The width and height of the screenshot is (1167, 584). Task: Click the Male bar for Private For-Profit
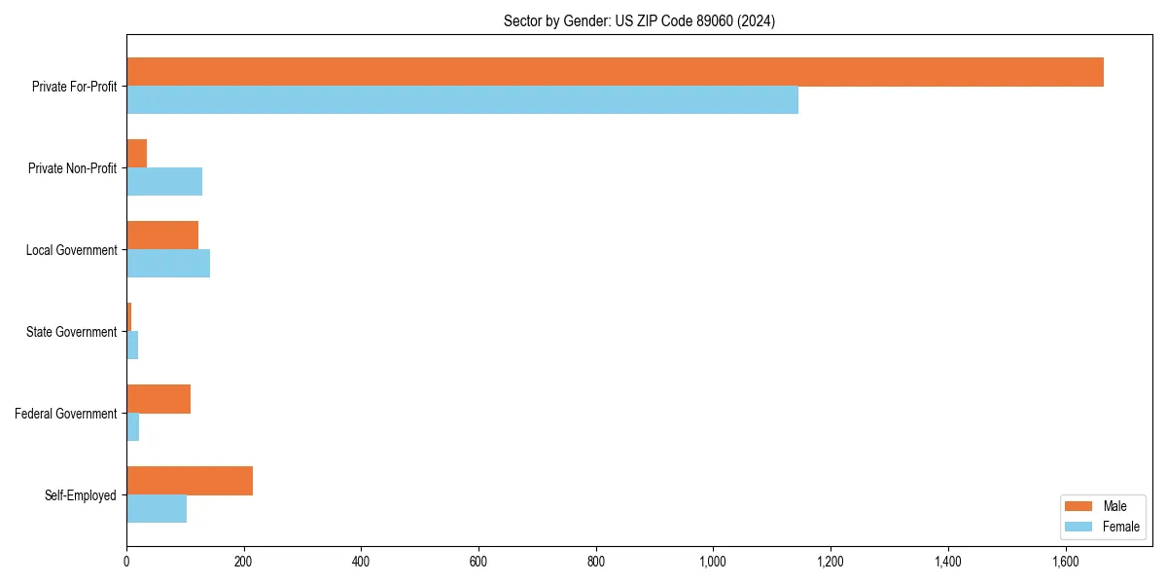[x=615, y=72]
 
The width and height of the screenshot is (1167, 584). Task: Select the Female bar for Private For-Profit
[x=462, y=100]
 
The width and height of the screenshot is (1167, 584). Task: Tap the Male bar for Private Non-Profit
[x=137, y=154]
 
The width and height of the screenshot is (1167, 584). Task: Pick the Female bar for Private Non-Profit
[x=164, y=182]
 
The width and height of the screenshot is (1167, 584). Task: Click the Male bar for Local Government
[x=162, y=236]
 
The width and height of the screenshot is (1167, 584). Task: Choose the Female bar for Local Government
[x=168, y=264]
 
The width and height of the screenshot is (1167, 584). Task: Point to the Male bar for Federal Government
[x=159, y=399]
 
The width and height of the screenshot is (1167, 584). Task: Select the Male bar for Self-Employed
[x=190, y=481]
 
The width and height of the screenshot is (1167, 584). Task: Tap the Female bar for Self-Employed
[x=157, y=509]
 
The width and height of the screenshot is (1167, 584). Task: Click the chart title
[x=639, y=21]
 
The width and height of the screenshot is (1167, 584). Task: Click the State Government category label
[x=72, y=332]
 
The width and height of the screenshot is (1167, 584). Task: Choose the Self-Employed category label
[x=81, y=495]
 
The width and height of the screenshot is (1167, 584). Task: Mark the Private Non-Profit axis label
[x=73, y=168]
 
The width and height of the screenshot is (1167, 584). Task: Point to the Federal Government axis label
[x=66, y=414]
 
